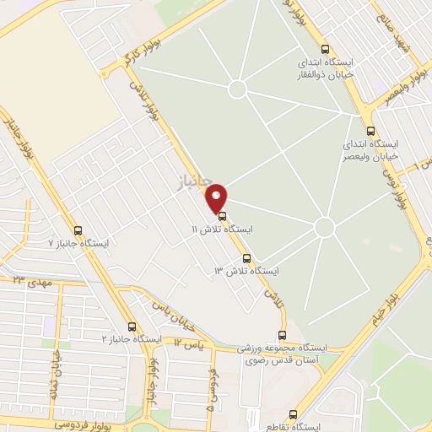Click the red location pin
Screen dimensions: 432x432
pyautogui.click(x=217, y=198)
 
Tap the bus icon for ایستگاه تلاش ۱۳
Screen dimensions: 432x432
pyautogui.click(x=246, y=258)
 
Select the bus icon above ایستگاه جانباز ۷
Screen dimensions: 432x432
pyautogui.click(x=78, y=230)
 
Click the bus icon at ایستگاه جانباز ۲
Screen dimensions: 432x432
pyautogui.click(x=131, y=326)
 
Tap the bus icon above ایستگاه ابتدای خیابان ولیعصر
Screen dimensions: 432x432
pyautogui.click(x=370, y=130)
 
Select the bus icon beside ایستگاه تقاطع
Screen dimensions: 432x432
pyautogui.click(x=293, y=414)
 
